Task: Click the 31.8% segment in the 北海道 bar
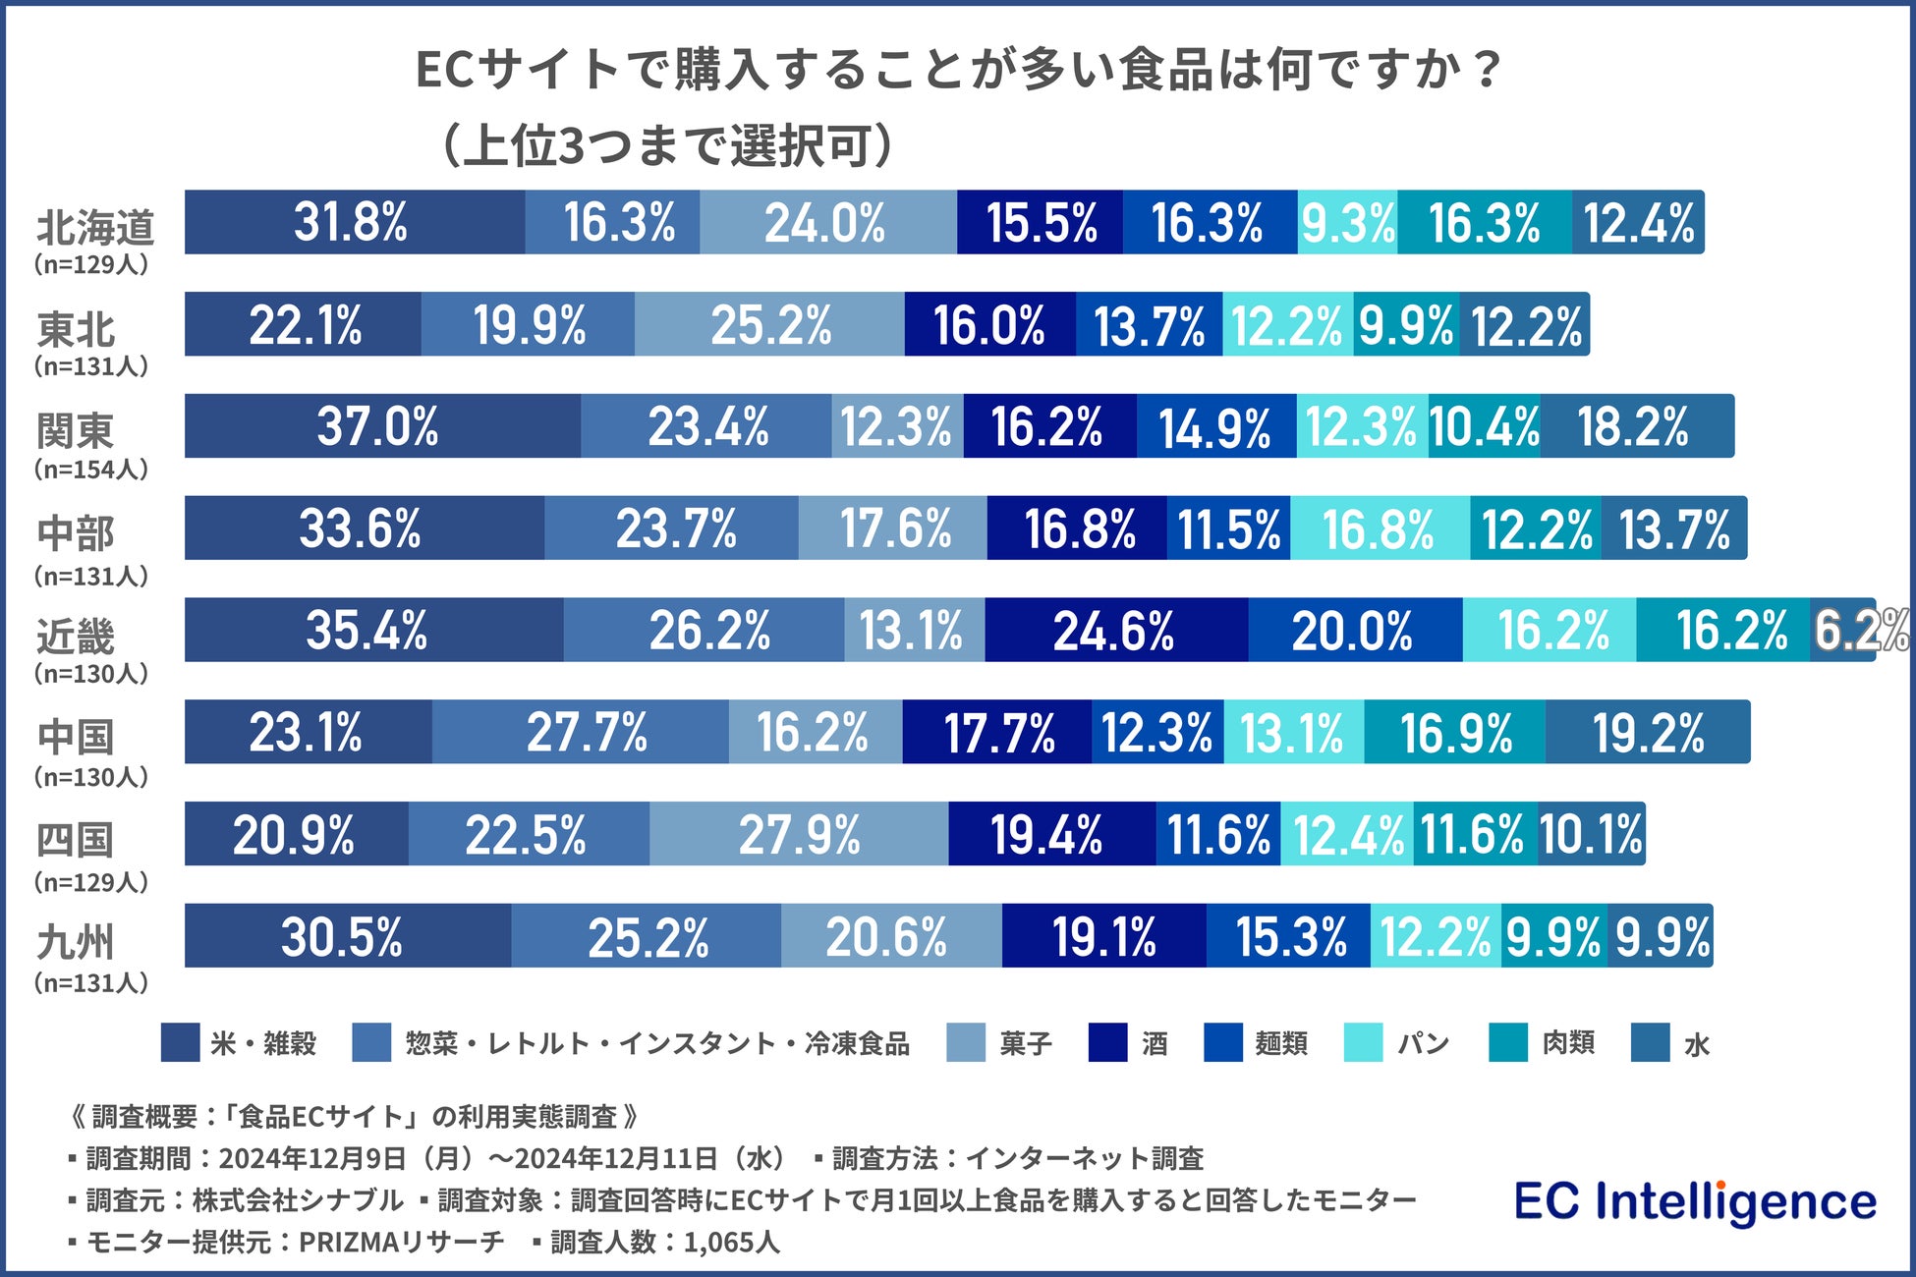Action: tap(354, 222)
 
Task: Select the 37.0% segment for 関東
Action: tap(381, 426)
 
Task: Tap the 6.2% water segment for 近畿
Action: tap(1843, 630)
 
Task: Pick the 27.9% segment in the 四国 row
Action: tap(799, 834)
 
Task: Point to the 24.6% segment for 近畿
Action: tap(1115, 630)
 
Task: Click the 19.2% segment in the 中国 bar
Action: tap(1648, 732)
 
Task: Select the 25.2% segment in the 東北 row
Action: tap(769, 324)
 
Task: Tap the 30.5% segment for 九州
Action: tap(347, 936)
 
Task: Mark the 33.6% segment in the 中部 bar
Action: tap(364, 528)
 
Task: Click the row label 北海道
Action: tap(95, 228)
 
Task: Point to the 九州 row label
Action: tap(76, 942)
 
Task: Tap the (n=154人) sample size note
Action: tap(91, 470)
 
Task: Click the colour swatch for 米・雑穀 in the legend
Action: tap(180, 1042)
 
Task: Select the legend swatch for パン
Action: tap(1363, 1042)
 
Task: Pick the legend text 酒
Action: tap(1155, 1043)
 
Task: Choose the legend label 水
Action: tap(1697, 1044)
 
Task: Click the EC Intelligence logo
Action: tap(1695, 1202)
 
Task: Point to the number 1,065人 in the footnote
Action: tap(732, 1243)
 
